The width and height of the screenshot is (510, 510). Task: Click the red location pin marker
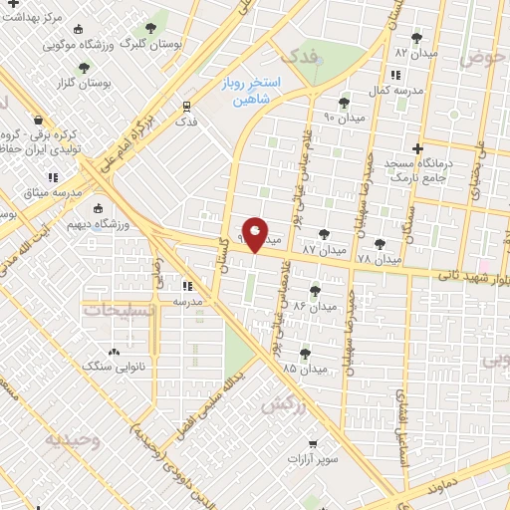255,235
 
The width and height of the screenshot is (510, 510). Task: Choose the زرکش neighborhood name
283,405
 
